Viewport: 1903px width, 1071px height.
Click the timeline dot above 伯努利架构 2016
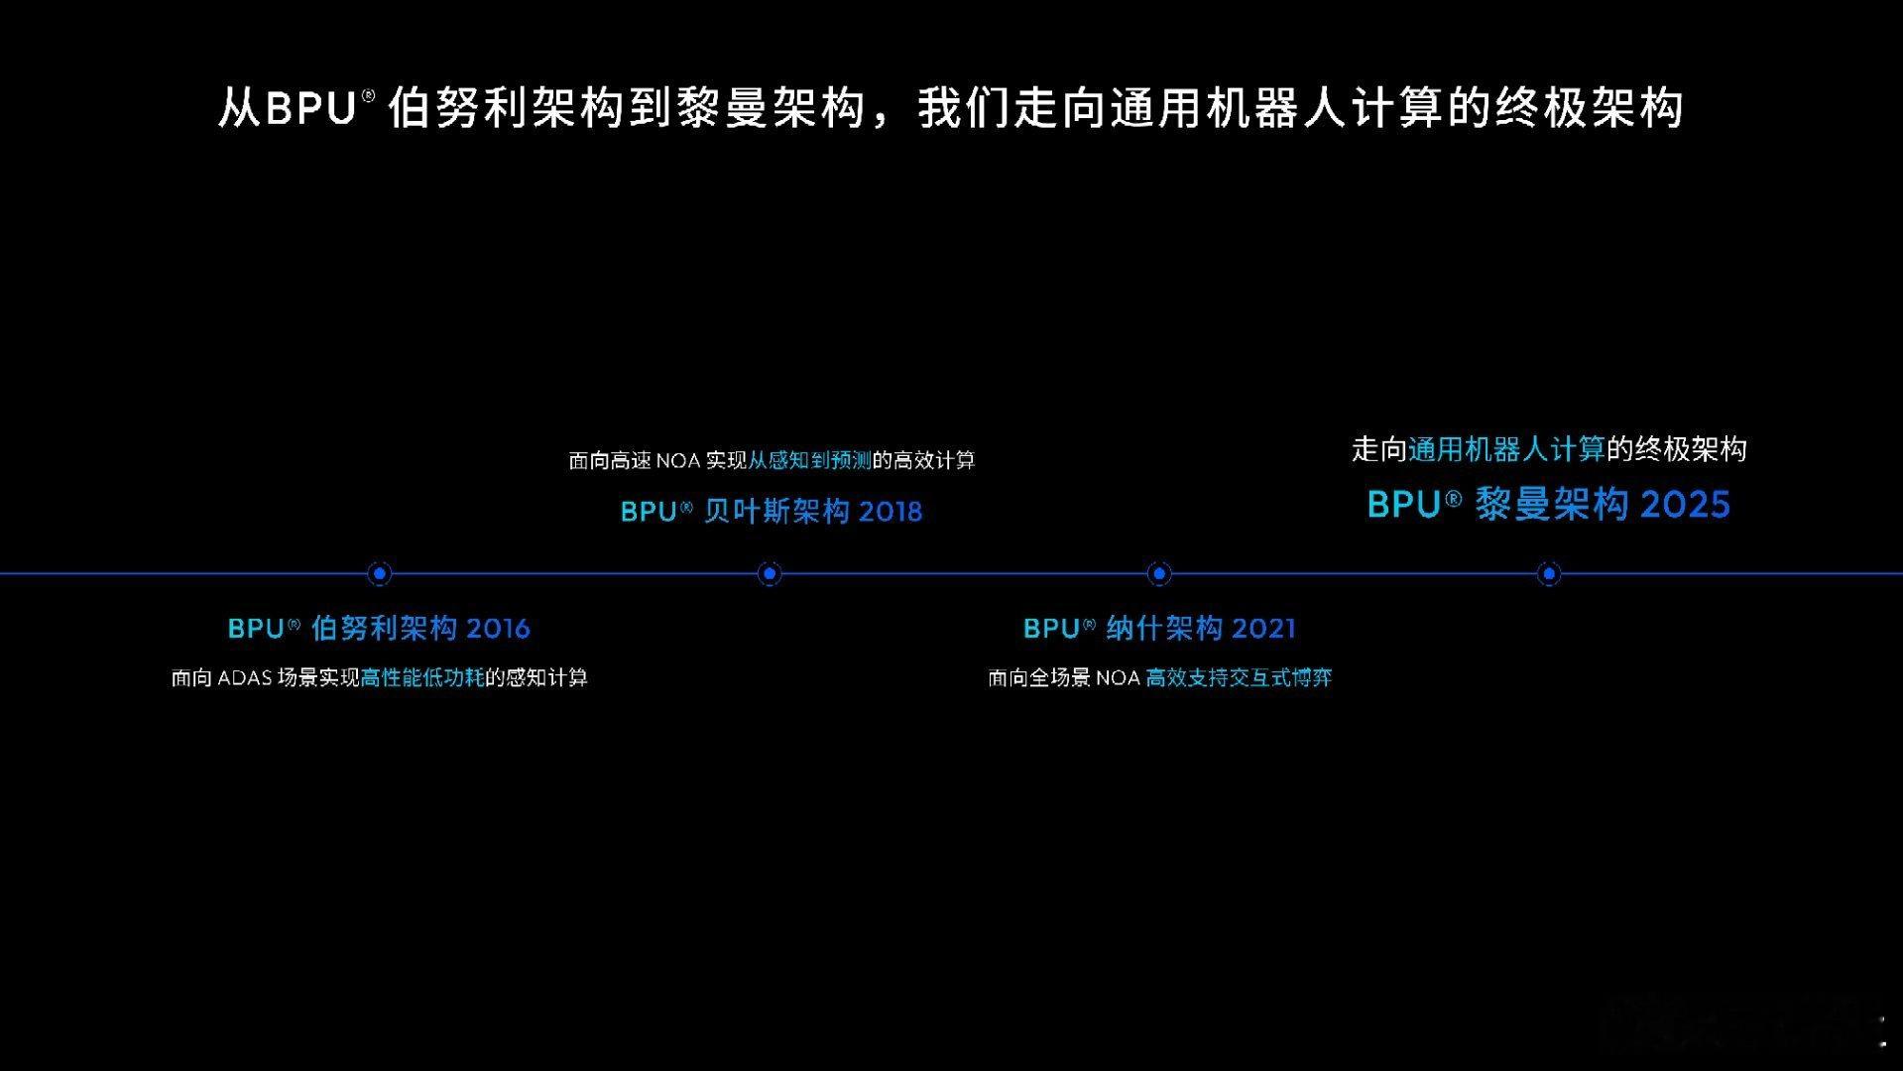(x=379, y=573)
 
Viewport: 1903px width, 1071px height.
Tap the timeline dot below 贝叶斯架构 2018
(x=770, y=573)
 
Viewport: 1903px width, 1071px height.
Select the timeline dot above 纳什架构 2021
(x=1158, y=573)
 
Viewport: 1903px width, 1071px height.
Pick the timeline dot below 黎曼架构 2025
(x=1549, y=573)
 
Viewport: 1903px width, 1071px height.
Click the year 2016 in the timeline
(x=498, y=629)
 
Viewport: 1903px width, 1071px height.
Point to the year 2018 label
(x=890, y=512)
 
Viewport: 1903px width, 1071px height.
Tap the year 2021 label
(x=1264, y=629)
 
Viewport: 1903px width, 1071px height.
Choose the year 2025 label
(x=1685, y=505)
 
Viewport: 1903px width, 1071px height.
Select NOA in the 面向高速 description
(x=678, y=461)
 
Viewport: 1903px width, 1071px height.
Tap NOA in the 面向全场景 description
(x=1118, y=678)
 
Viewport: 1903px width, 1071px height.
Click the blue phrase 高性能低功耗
(x=422, y=678)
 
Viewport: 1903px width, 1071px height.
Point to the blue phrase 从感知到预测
(x=809, y=461)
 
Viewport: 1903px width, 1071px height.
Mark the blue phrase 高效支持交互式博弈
(x=1239, y=678)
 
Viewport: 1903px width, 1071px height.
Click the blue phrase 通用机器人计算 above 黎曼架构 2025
(x=1506, y=450)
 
